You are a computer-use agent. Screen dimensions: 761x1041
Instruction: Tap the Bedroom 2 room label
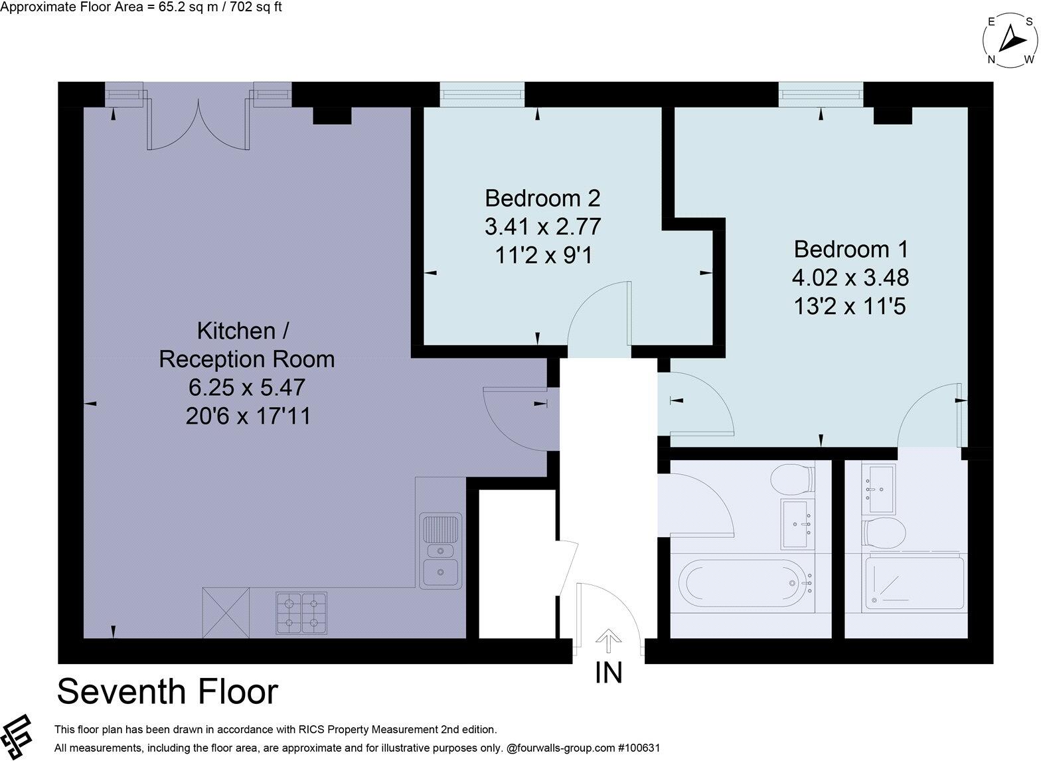coord(542,198)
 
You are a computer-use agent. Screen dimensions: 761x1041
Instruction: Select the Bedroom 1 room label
coord(850,249)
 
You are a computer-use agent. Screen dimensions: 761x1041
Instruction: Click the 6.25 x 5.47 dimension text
coord(247,387)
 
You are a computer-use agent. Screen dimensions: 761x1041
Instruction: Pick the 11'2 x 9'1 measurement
coord(542,255)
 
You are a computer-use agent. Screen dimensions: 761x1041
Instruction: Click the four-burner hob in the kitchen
coord(301,612)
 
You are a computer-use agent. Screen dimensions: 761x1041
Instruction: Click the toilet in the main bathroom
coord(793,478)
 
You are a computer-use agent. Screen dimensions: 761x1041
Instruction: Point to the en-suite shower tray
coord(914,584)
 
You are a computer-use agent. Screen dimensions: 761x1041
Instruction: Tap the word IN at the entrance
coord(609,673)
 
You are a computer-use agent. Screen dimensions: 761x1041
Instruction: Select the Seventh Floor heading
coord(167,691)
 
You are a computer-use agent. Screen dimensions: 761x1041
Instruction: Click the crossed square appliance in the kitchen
coord(226,612)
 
